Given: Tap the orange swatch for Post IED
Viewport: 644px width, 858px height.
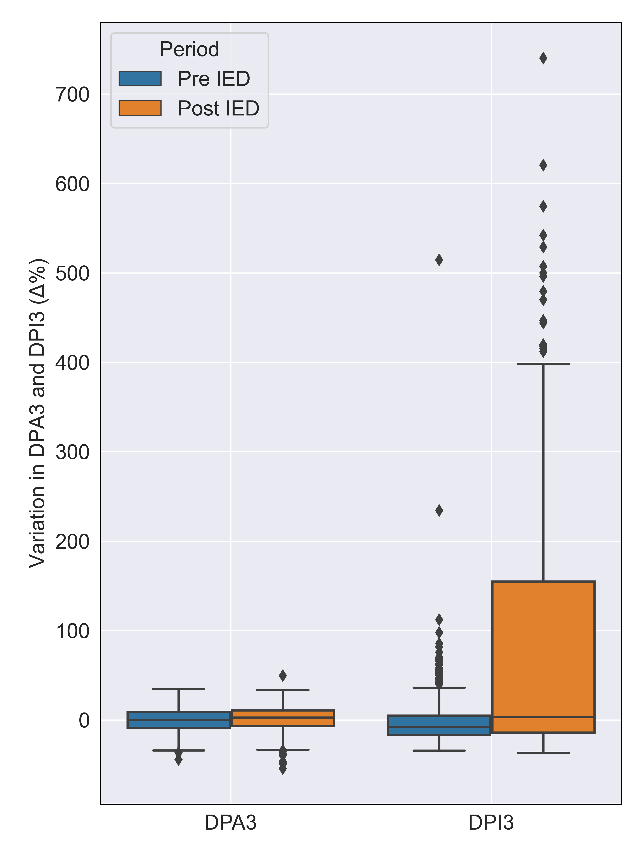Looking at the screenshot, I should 140,108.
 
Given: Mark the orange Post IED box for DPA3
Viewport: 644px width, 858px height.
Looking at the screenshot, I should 283,718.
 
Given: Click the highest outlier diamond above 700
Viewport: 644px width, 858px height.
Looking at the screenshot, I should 543,58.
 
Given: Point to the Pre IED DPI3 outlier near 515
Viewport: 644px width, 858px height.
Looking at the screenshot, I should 439,260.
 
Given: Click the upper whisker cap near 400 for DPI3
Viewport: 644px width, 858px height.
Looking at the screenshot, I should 543,364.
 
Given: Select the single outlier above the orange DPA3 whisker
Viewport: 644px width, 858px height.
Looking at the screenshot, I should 283,676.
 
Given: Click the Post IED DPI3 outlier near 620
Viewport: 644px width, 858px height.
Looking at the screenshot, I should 543,165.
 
